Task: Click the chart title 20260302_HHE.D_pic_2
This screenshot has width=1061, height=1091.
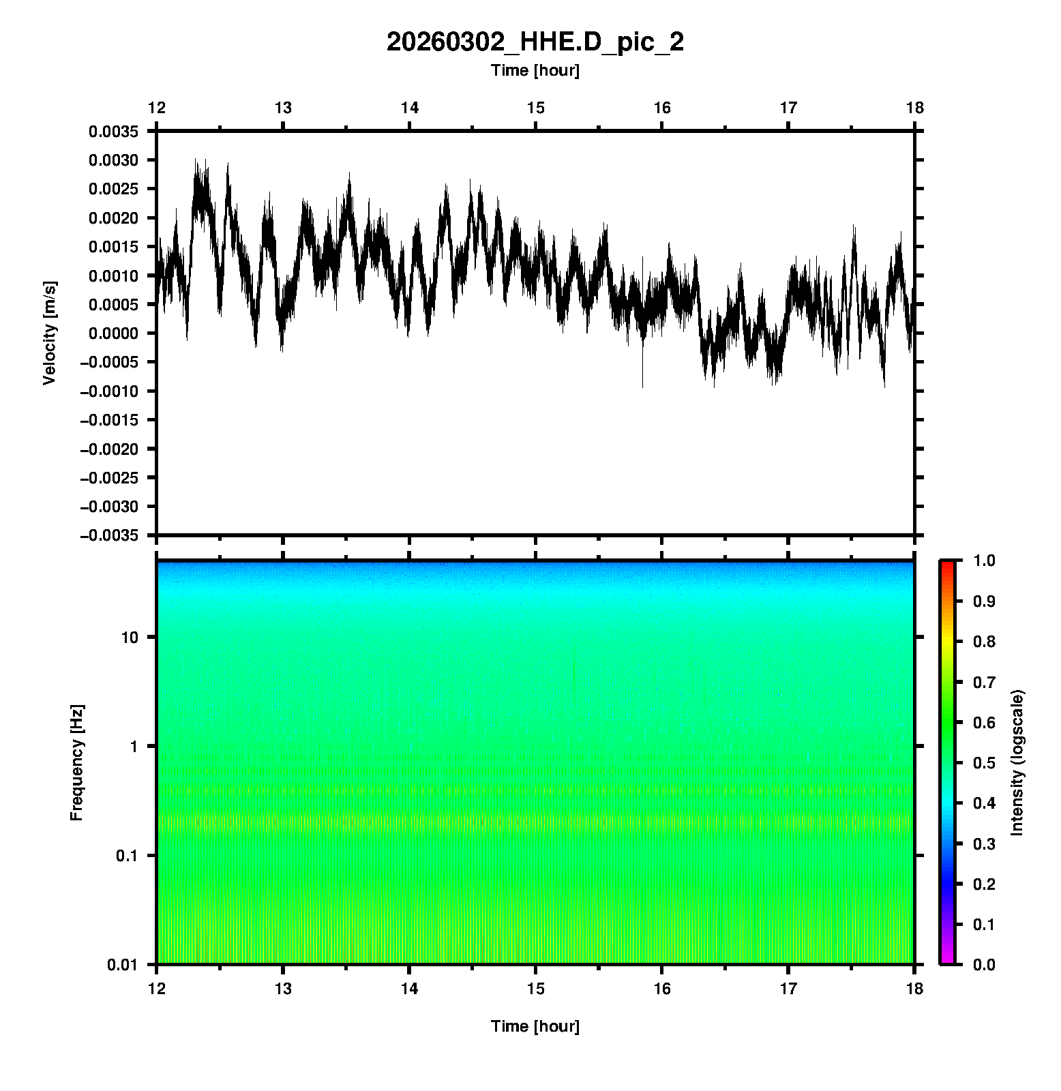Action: [x=535, y=42]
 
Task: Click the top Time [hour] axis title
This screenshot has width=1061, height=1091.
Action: [x=535, y=70]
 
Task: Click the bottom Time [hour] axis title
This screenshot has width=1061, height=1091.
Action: [x=535, y=1026]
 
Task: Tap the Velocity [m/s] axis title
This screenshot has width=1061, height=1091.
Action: [x=49, y=333]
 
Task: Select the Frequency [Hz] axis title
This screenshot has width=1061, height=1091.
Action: [x=76, y=762]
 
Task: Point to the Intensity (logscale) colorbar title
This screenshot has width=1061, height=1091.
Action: [x=1017, y=762]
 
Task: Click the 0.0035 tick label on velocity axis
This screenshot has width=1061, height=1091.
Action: [x=113, y=132]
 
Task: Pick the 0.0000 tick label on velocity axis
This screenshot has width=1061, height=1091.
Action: [x=113, y=333]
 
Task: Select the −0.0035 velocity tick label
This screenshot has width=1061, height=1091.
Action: [x=109, y=535]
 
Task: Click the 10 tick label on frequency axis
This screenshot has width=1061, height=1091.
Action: [x=130, y=638]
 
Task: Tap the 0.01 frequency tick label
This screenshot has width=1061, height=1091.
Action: [x=123, y=964]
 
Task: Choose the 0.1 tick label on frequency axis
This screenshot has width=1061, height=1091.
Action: [x=126, y=856]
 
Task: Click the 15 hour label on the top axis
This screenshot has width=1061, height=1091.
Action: [x=536, y=108]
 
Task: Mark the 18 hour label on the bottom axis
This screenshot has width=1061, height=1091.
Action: [x=914, y=989]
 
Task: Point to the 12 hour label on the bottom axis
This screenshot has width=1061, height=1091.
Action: [x=157, y=989]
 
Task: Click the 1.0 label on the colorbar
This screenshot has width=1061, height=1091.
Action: [x=985, y=561]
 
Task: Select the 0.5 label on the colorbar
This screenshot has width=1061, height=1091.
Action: [x=985, y=762]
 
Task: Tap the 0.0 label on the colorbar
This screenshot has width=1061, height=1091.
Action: [x=985, y=964]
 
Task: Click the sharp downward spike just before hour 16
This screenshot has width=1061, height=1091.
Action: [x=642, y=382]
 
